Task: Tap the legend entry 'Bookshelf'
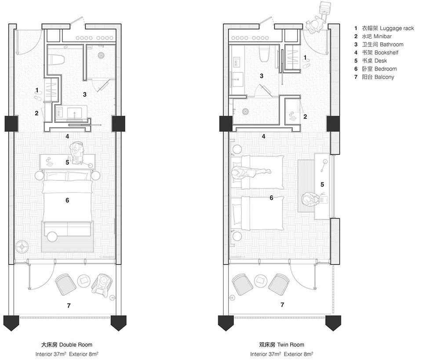pyautogui.click(x=376, y=52)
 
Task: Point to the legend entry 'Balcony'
pyautogui.click(x=374, y=77)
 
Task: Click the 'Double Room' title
pyautogui.click(x=67, y=345)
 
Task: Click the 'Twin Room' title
pyautogui.click(x=281, y=345)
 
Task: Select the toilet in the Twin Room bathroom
pyautogui.click(x=265, y=54)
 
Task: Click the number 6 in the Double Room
pyautogui.click(x=67, y=200)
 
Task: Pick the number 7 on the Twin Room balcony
pyautogui.click(x=282, y=305)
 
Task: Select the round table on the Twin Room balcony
pyautogui.click(x=261, y=280)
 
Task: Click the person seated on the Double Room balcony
pyautogui.click(x=101, y=284)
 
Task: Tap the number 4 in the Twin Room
pyautogui.click(x=263, y=136)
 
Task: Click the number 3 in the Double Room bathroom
pyautogui.click(x=85, y=95)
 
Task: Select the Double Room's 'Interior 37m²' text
pyautogui.click(x=51, y=354)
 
